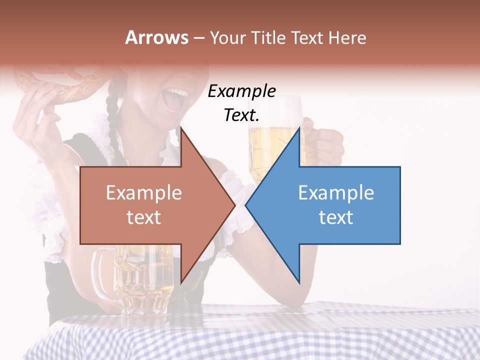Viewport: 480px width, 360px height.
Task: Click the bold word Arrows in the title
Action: (x=157, y=37)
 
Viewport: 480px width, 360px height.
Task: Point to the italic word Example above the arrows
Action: (x=241, y=91)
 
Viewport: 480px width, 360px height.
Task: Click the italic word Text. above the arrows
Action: (x=241, y=115)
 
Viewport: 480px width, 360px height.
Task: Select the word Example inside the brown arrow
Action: (x=144, y=193)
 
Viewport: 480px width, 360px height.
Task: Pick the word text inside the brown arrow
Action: (x=144, y=217)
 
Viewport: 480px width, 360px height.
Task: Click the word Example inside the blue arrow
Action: (x=336, y=193)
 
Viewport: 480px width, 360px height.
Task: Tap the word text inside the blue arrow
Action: (x=336, y=217)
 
